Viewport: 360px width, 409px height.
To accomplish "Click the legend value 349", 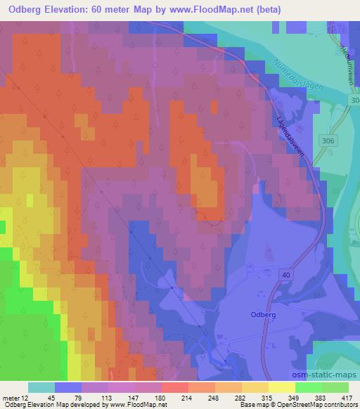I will coord(293,397).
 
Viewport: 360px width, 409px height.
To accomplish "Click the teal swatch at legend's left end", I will coord(41,387).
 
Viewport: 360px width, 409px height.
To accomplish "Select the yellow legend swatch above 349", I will coord(281,387).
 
